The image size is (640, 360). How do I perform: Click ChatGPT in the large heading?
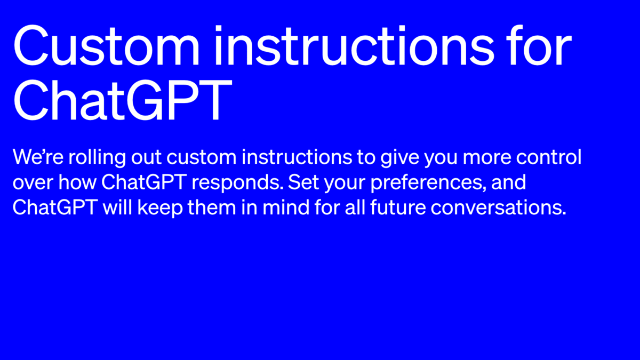pos(122,100)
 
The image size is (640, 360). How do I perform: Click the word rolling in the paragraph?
pos(87,159)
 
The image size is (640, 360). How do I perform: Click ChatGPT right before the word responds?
pos(142,182)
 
